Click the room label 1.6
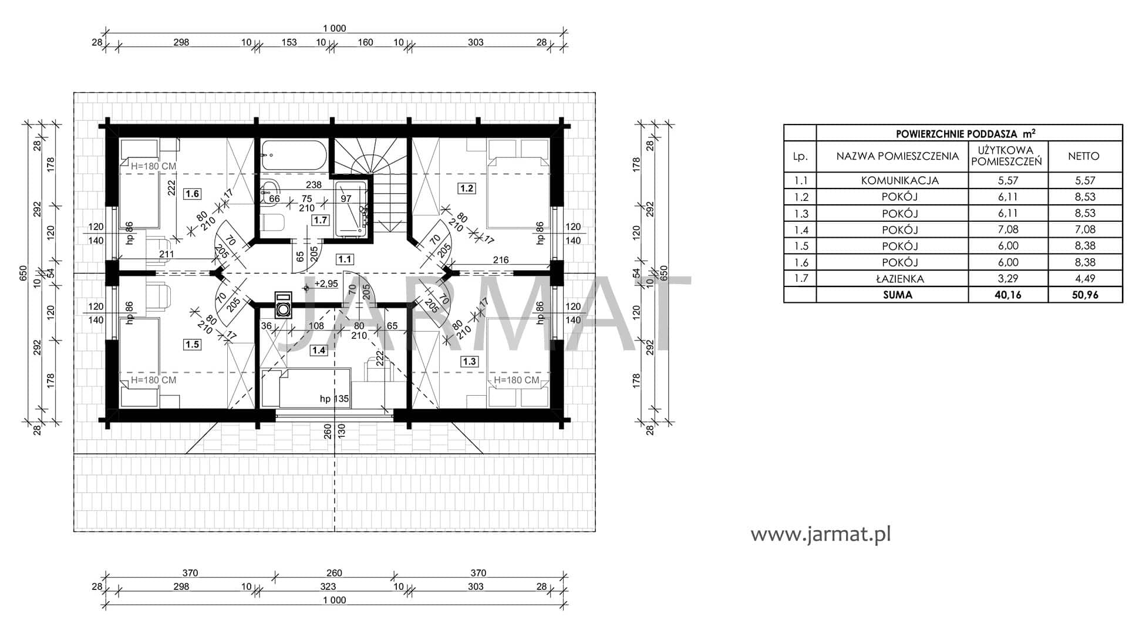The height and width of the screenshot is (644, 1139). pyautogui.click(x=192, y=194)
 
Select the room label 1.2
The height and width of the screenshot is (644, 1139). pyautogui.click(x=467, y=188)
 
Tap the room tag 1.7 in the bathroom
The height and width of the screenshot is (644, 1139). pyautogui.click(x=320, y=220)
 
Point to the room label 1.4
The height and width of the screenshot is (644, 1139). pyautogui.click(x=318, y=350)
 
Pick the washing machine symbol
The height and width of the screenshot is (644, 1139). pyautogui.click(x=284, y=305)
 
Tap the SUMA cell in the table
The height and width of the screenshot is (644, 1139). pyautogui.click(x=898, y=295)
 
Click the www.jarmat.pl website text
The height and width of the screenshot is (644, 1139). pyautogui.click(x=821, y=535)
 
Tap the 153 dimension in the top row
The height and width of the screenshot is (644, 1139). pyautogui.click(x=289, y=42)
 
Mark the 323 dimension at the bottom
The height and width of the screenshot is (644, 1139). pyautogui.click(x=328, y=586)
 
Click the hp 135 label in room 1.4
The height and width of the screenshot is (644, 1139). pyautogui.click(x=334, y=399)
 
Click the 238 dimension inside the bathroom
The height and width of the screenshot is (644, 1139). pyautogui.click(x=314, y=185)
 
